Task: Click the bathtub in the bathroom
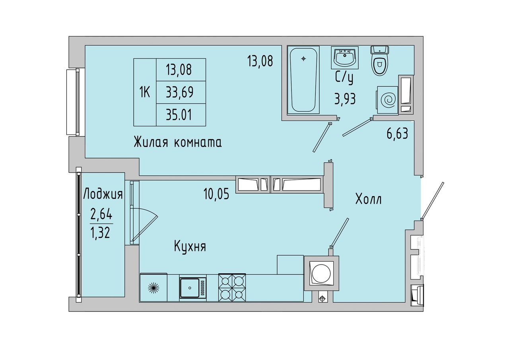(x=303, y=80)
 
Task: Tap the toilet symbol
(x=379, y=60)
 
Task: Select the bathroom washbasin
(x=345, y=58)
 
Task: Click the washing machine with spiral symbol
(x=388, y=100)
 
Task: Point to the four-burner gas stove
(x=232, y=288)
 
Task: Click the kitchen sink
(x=193, y=288)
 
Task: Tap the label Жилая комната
(x=177, y=142)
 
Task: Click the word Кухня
(x=190, y=246)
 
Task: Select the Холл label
(x=368, y=199)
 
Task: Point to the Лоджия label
(x=103, y=194)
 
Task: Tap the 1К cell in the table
(x=145, y=92)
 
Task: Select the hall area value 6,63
(x=397, y=133)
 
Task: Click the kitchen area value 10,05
(x=216, y=194)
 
